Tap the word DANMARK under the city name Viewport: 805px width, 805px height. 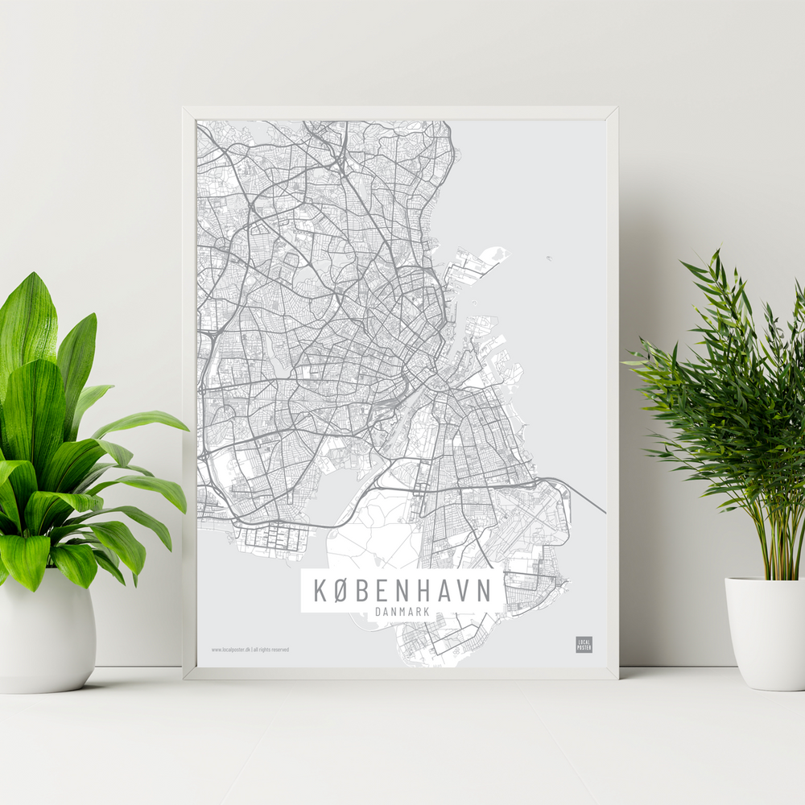[402, 612]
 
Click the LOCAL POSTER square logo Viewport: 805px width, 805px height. [584, 644]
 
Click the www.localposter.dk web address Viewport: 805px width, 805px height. [230, 649]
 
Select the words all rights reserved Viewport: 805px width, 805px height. [271, 649]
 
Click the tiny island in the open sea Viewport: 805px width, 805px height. [548, 258]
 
